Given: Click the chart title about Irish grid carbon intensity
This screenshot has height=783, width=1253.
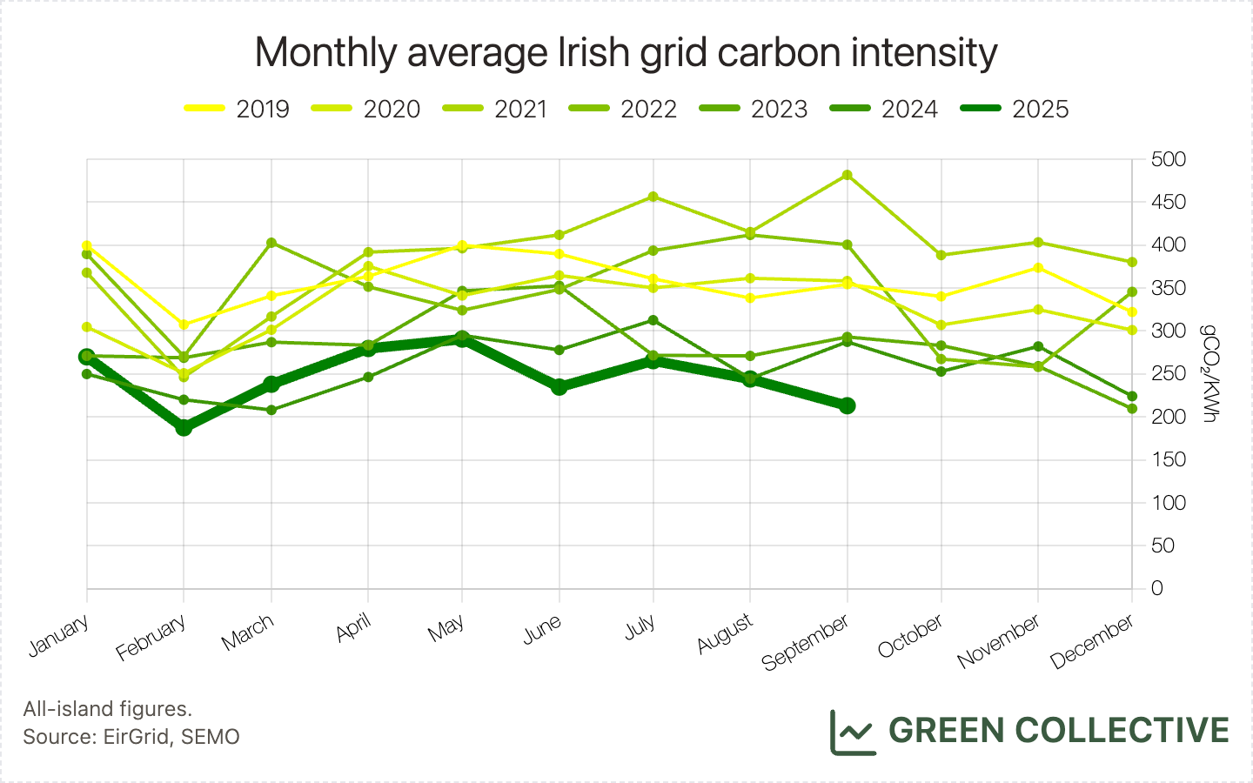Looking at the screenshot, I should (626, 52).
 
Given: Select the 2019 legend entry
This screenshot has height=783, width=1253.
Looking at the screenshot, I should (237, 109).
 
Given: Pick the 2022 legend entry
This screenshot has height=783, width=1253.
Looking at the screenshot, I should (622, 109).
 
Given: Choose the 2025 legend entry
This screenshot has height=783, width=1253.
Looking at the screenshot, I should (1015, 109).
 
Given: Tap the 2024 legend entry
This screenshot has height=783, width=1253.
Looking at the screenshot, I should (883, 109).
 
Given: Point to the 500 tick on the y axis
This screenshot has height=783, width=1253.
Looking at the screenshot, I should (1169, 159).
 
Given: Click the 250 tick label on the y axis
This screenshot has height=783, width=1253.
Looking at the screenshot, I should (1169, 374).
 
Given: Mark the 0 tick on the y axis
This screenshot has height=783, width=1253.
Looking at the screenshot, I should (1157, 588).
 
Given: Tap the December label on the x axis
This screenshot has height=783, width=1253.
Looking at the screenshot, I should (1093, 640).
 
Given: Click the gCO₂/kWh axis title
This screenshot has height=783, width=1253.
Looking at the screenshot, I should (1209, 373).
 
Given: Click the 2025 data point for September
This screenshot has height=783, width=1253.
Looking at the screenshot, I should (847, 405).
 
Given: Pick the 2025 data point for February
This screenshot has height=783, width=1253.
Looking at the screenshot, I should (184, 427).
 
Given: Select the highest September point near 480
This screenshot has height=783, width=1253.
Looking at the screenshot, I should (847, 175).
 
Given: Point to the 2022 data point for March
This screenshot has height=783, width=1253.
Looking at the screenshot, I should (271, 243).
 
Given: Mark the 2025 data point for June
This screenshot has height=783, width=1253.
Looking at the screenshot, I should (559, 386).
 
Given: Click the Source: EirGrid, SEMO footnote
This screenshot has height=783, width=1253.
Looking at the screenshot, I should (131, 737).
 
